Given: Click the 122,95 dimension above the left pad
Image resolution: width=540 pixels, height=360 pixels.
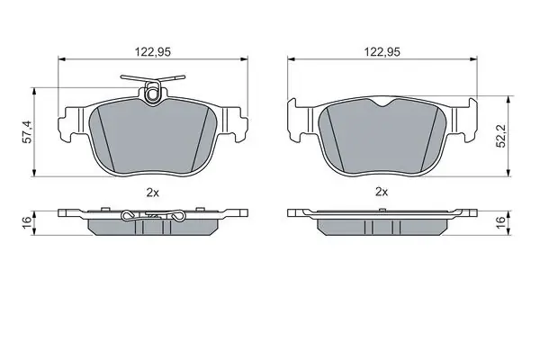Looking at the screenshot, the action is [153, 52].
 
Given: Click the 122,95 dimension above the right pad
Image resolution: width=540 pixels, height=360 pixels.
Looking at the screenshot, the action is [382, 52].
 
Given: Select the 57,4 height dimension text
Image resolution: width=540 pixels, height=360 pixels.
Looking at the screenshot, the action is [28, 131].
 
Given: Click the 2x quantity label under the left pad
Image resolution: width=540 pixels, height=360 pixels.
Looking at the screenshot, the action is [153, 193].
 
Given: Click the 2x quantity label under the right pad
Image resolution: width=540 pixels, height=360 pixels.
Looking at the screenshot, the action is [382, 192].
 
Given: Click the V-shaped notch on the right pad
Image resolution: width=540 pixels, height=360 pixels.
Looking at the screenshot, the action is [382, 103].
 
